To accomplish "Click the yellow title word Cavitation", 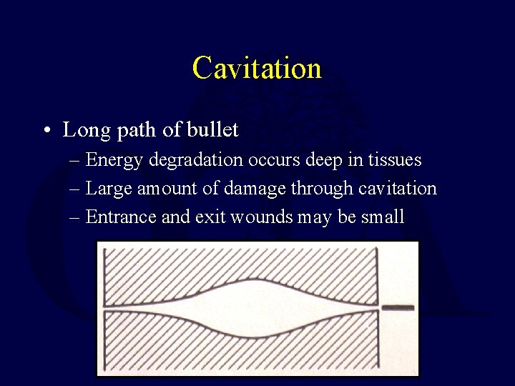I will (x=257, y=69).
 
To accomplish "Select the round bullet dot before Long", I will (x=45, y=132).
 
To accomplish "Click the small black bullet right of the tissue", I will (x=398, y=307).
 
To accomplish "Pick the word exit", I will (x=212, y=217).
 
